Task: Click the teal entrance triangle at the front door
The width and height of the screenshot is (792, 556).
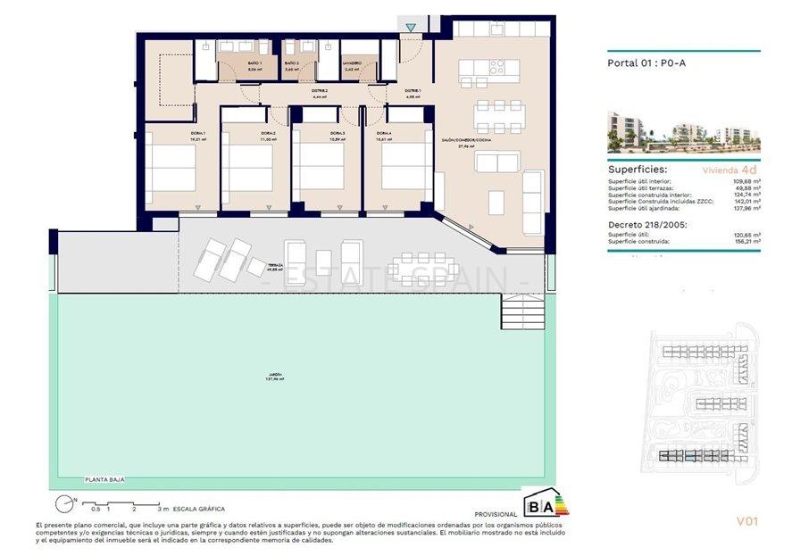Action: [410, 29]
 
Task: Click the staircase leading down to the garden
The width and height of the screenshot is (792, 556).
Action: [521, 311]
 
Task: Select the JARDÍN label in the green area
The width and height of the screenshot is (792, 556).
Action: [273, 376]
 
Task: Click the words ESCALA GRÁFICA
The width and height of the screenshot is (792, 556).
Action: [200, 507]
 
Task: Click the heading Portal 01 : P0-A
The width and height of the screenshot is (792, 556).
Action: [647, 63]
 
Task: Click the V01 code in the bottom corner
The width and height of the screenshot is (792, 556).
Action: [746, 521]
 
